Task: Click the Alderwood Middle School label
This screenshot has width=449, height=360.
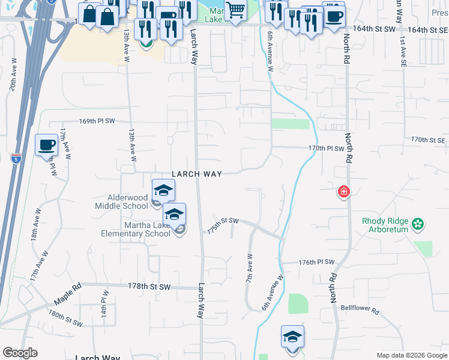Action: point(121,202)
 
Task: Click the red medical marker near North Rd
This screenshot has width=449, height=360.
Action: point(343,192)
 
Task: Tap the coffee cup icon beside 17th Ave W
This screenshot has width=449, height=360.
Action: point(46,145)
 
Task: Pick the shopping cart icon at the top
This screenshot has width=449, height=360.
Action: point(235,10)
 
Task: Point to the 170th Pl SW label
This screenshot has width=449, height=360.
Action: point(326,148)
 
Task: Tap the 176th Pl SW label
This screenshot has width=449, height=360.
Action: point(316,262)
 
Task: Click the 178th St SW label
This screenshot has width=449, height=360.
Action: point(145,287)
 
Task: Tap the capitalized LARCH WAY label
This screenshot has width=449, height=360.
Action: point(197,174)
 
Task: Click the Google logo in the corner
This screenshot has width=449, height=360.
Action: point(20,353)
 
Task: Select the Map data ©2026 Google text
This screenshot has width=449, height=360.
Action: point(412,355)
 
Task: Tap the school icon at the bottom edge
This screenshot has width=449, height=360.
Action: point(292,337)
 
